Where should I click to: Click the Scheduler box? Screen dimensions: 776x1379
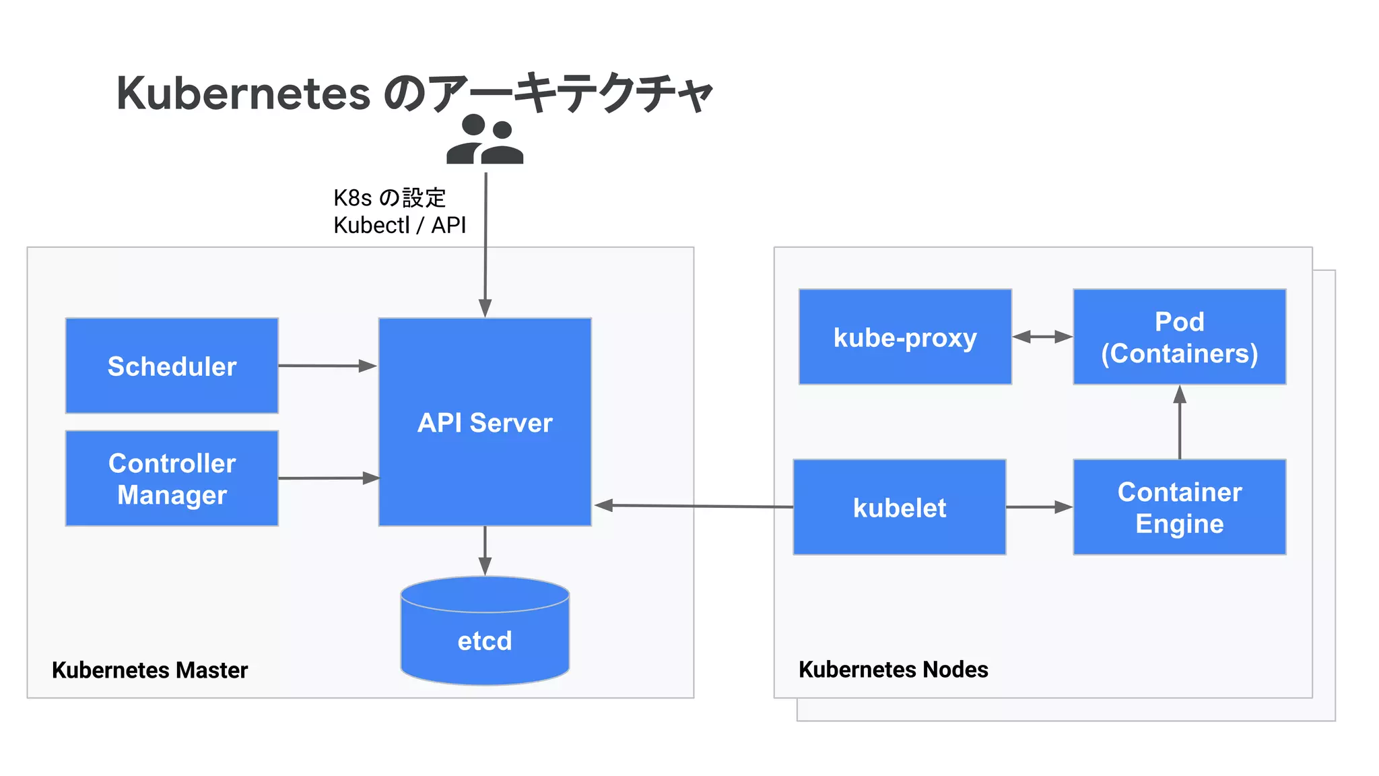click(x=172, y=366)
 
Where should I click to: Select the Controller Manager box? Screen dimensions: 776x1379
click(x=172, y=478)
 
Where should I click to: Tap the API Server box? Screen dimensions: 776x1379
click(x=485, y=422)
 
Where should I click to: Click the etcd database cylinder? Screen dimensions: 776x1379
click(x=485, y=633)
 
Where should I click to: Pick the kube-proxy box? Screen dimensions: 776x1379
click(x=905, y=337)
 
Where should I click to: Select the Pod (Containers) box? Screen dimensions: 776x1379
click(x=1179, y=337)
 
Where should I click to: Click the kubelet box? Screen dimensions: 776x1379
click(x=900, y=507)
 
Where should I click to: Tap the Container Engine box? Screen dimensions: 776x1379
click(x=1179, y=507)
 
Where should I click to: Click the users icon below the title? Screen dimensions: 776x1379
click(x=485, y=139)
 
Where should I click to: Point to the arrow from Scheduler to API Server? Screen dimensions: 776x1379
click(x=327, y=366)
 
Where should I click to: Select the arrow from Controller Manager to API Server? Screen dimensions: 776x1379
click(x=328, y=478)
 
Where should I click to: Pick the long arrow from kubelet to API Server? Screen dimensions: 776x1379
click(x=694, y=506)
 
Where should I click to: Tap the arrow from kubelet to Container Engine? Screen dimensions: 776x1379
click(x=1039, y=507)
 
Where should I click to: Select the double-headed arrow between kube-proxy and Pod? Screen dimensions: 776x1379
click(x=1042, y=337)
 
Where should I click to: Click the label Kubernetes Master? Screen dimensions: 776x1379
click(x=149, y=670)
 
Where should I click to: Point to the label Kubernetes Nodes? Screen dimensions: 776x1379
click(x=893, y=670)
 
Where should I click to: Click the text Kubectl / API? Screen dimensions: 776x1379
click(x=399, y=225)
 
